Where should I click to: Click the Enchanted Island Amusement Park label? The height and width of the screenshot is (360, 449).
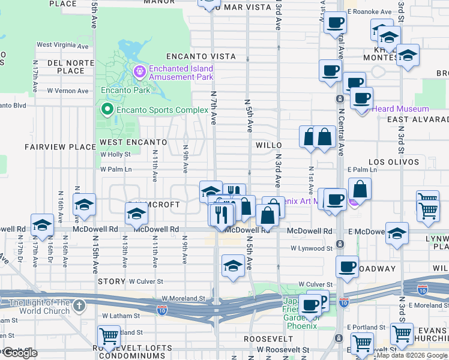coord(181,73)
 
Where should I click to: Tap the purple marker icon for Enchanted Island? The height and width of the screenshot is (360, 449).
coord(140,73)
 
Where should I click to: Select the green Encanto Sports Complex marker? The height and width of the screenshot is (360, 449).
coord(107,110)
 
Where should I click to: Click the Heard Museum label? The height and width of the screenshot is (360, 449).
coord(400,109)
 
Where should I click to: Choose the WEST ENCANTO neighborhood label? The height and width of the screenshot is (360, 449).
coord(133,142)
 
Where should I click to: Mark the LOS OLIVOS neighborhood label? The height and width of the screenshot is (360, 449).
coord(393,162)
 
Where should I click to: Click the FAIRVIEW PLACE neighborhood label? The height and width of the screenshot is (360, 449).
coord(60,146)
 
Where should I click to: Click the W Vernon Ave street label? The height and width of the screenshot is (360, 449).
coord(67,91)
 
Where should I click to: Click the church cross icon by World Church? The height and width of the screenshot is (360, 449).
coord(79,307)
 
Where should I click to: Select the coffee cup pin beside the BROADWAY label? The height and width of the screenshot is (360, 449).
coord(346,265)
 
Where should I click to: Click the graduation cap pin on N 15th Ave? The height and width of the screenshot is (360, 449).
coord(85,205)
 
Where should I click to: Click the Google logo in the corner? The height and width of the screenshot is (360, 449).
coord(20,353)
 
